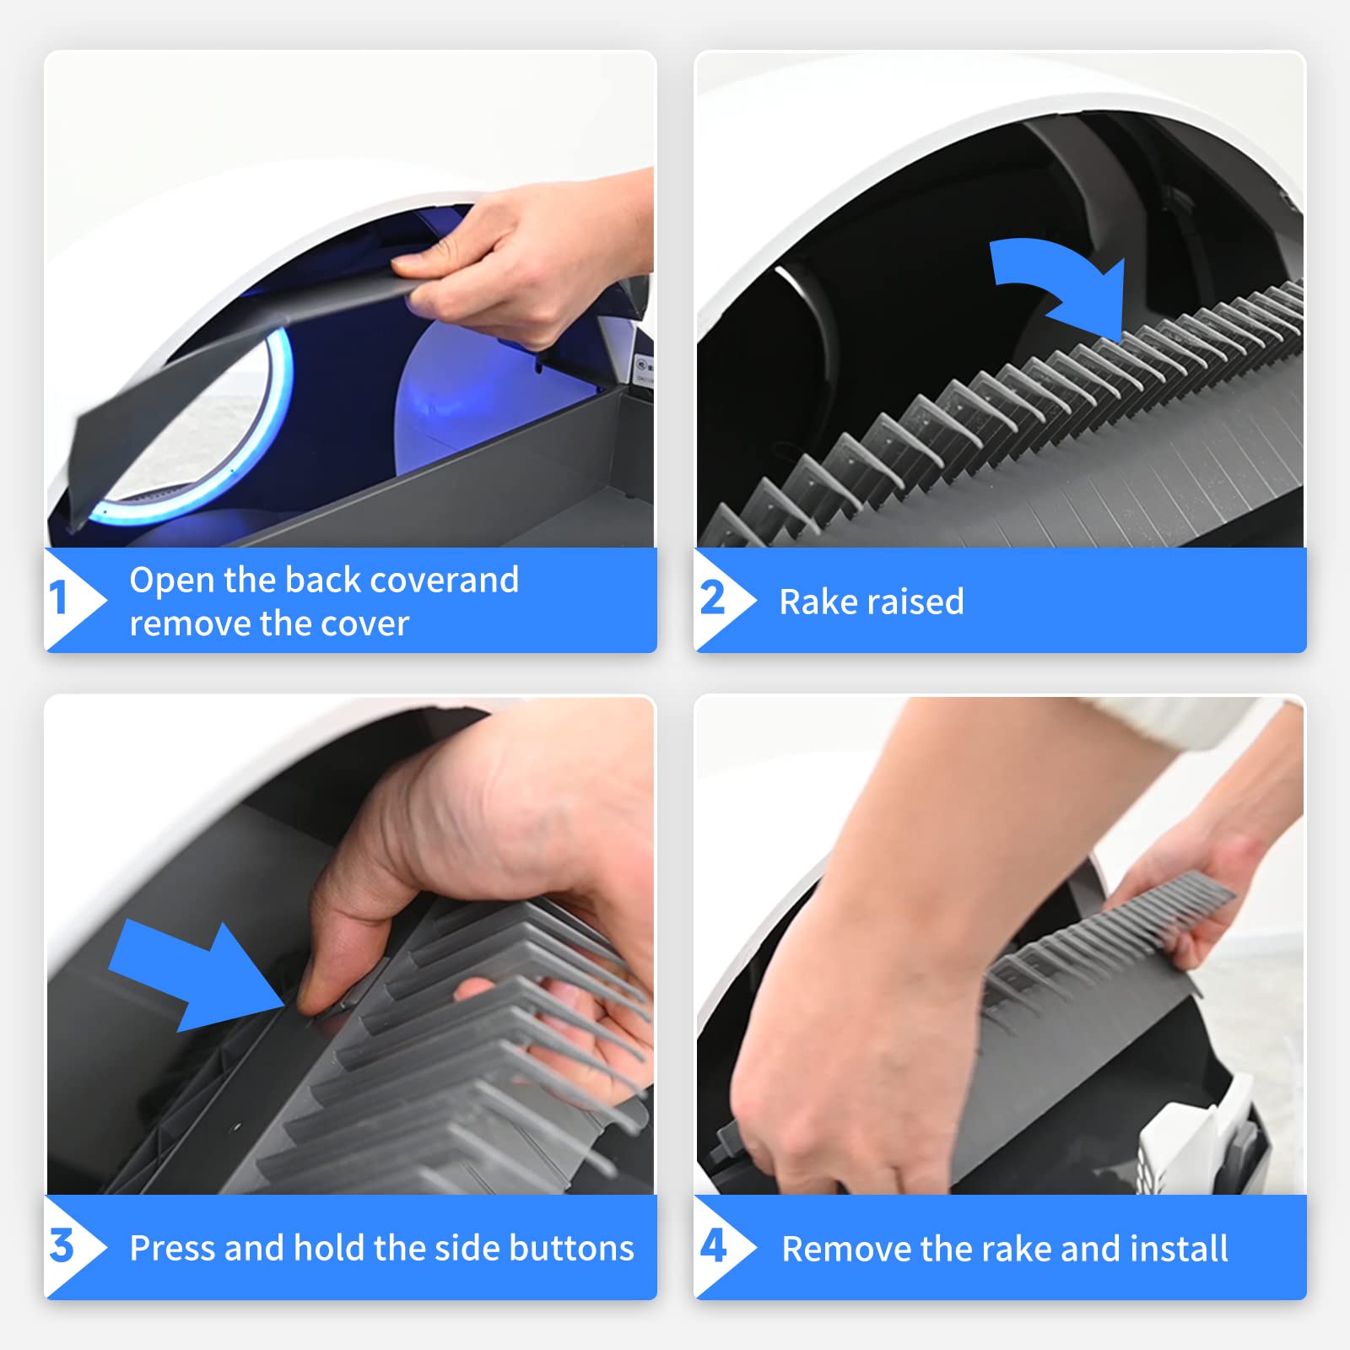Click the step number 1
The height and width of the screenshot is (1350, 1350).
57,598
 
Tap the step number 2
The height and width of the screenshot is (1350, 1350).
713,598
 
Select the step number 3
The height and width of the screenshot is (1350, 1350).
62,1246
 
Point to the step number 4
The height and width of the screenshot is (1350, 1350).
714,1246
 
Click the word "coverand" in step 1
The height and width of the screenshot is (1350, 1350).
444,580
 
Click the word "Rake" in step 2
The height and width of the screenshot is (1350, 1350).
817,602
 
